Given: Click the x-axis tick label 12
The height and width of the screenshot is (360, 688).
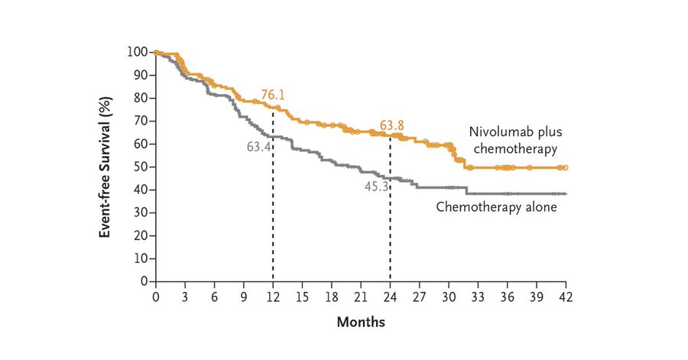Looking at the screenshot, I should [x=273, y=296].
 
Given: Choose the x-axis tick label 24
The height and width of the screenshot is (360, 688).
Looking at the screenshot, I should [x=390, y=296].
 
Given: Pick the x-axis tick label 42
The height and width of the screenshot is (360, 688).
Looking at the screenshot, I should [x=566, y=296].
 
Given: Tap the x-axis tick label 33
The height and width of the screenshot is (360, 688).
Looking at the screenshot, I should [x=478, y=296].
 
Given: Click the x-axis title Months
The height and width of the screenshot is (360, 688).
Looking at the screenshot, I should [x=361, y=322].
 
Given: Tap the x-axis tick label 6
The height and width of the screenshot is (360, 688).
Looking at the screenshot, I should [x=214, y=296].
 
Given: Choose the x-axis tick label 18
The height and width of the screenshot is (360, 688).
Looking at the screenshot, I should [x=331, y=296].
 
